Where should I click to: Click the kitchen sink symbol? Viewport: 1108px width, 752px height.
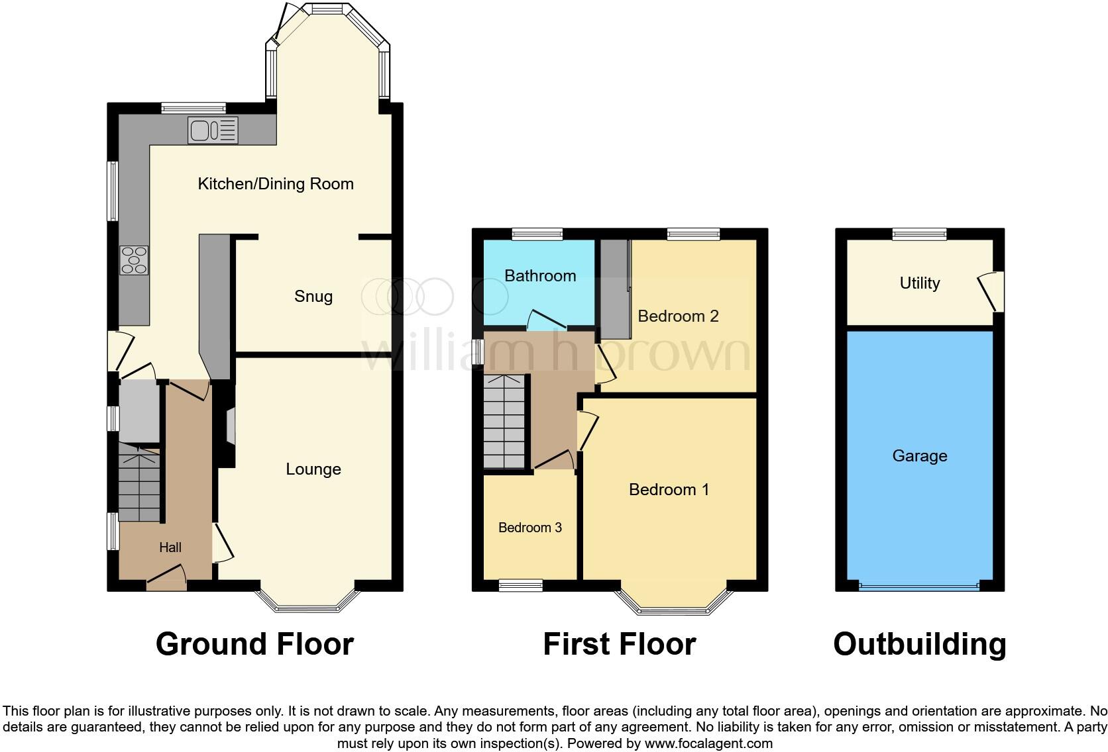213,130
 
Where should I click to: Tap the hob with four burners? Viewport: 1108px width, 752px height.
134,260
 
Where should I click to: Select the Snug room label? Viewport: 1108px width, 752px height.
313,297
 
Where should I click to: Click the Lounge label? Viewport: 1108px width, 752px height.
313,469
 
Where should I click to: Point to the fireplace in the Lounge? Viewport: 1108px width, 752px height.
229,426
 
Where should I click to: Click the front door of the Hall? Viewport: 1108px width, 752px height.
166,577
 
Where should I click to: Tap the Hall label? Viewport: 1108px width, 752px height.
170,547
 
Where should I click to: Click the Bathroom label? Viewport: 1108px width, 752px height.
540,276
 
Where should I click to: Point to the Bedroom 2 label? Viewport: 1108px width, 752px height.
678,316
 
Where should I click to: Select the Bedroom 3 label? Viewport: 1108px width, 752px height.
530,528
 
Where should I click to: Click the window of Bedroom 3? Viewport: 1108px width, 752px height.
520,585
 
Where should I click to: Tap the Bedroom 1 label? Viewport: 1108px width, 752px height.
669,490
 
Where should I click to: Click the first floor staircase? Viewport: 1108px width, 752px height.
504,421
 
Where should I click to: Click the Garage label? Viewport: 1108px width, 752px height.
919,456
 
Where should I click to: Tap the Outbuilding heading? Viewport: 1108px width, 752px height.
919,644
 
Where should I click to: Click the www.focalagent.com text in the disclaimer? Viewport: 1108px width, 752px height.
708,743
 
